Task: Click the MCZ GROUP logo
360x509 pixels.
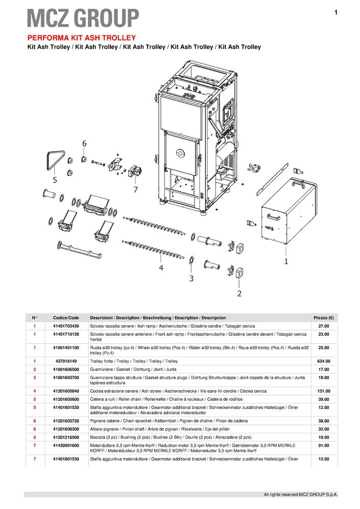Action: pos(83,18)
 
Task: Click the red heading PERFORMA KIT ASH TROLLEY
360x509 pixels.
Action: pos(81,38)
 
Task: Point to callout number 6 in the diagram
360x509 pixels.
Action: pos(84,143)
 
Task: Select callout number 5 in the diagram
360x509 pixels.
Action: pos(54,180)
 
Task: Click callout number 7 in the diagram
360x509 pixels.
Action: pos(135,189)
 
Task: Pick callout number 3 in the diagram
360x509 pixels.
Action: pos(191,278)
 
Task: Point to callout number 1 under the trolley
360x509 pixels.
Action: pos(286,261)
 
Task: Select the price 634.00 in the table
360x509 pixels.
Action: pos(324,361)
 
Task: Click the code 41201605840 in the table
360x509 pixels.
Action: pos(66,391)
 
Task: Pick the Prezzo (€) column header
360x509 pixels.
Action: pos(324,318)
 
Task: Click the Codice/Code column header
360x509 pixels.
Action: pos(66,318)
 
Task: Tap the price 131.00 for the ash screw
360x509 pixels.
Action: pos(324,391)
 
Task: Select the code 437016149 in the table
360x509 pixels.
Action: pos(66,361)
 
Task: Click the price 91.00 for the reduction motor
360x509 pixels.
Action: pos(324,446)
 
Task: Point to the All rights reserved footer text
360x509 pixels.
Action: pos(300,495)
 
